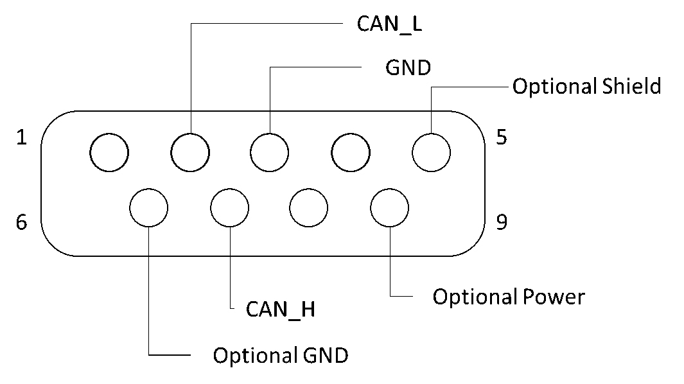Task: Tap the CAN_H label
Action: coord(281,310)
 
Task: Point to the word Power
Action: coord(553,297)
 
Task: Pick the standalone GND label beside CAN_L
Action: coord(408,67)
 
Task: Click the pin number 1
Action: coord(22,138)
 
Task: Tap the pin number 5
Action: coord(502,138)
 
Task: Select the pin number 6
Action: coord(22,223)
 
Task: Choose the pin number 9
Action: coord(502,223)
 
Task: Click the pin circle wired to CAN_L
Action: coord(190,152)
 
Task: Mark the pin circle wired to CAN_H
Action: coord(229,207)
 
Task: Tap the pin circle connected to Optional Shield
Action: coord(430,152)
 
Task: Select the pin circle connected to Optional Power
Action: coord(389,207)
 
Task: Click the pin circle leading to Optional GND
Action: coord(148,207)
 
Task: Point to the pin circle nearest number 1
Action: coord(109,152)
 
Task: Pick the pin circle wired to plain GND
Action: coord(270,152)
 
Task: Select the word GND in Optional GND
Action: coord(324,355)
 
